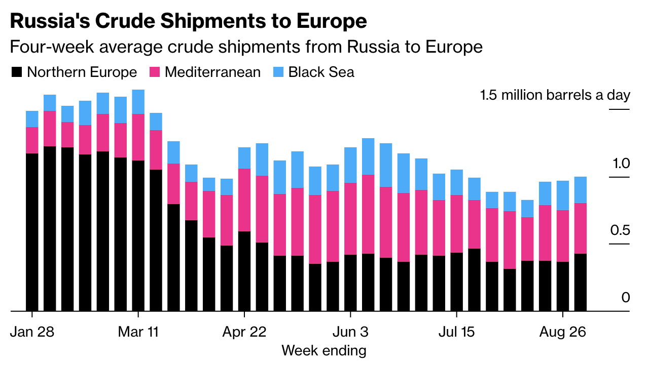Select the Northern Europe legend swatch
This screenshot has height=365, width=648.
coord(17,72)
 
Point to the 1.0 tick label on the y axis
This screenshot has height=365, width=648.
coord(621,164)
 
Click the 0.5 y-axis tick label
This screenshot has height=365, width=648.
coord(619,231)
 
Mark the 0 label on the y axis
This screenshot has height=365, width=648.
coord(626,298)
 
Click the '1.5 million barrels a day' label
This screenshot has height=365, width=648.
coord(555,95)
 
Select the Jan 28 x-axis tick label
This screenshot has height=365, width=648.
coord(32,332)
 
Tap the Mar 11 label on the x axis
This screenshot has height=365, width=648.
coord(138,332)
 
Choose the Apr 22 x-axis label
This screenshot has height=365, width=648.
coord(244,332)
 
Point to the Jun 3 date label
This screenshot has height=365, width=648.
coord(351,332)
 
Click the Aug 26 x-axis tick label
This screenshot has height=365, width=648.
coord(563,332)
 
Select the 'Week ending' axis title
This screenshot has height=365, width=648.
coord(323,350)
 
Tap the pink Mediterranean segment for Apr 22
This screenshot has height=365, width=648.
coord(244,200)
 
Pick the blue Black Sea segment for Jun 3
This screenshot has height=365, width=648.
coord(351,165)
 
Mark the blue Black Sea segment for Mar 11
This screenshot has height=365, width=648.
coord(138,102)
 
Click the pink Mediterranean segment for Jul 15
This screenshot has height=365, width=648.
coord(457,224)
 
